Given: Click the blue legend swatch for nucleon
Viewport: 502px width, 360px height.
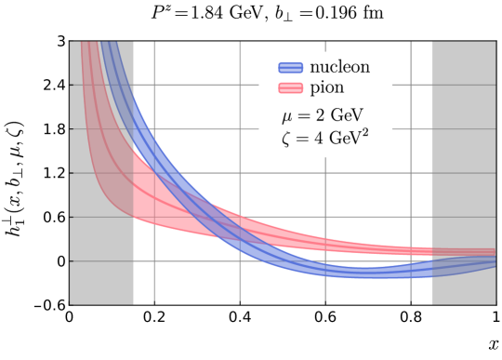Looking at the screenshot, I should pos(290,67).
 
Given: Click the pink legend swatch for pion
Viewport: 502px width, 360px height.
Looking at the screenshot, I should pos(290,87).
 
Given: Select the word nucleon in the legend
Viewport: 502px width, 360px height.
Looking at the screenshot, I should pos(340,67).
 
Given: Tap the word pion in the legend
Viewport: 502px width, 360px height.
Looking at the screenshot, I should pos(326,88).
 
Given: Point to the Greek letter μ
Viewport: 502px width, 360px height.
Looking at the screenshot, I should pos(286,118).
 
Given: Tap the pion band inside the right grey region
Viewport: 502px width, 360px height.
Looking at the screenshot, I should pos(463,252).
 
